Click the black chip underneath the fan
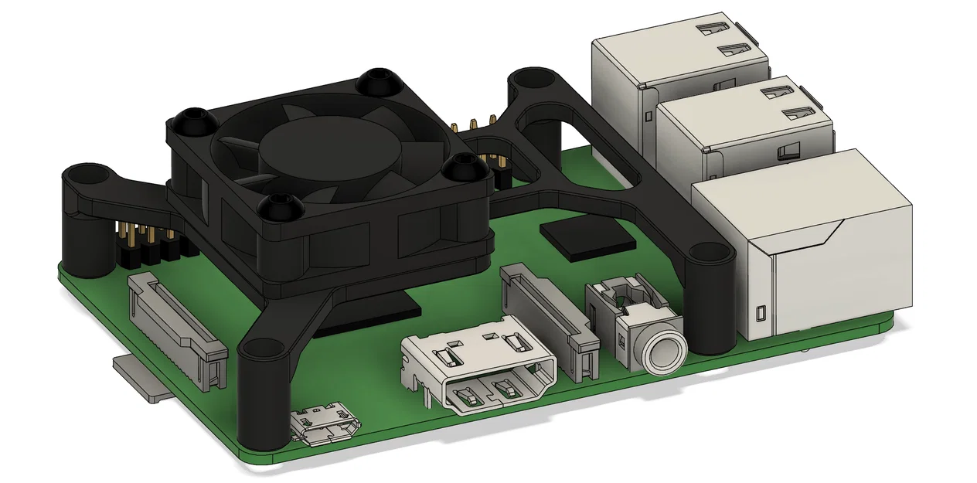pos(371,313)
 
